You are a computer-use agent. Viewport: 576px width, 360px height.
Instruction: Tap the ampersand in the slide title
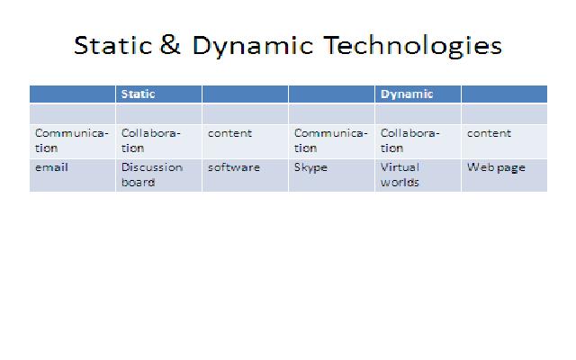[171, 46]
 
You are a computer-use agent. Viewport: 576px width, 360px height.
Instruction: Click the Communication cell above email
[71, 140]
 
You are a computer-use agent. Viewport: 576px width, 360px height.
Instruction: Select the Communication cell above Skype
[330, 140]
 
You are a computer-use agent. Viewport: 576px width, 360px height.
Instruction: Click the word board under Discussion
[138, 183]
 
